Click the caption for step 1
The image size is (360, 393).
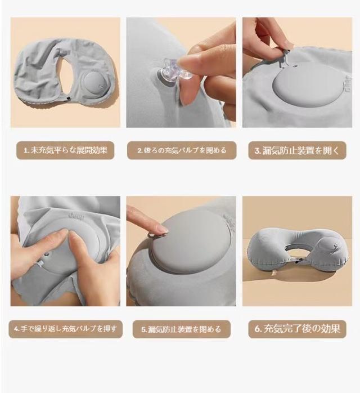[x=65, y=150]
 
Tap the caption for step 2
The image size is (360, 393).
[x=182, y=150]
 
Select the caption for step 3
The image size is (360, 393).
[x=297, y=150]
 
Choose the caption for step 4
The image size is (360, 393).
[x=65, y=329]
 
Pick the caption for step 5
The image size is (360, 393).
[x=181, y=329]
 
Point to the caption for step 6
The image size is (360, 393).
[x=297, y=329]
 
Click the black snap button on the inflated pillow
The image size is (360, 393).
[x=297, y=262]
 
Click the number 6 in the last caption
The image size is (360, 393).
[x=258, y=329]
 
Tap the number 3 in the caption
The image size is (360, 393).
[x=258, y=151]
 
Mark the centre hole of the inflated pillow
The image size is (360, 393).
[x=297, y=251]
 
